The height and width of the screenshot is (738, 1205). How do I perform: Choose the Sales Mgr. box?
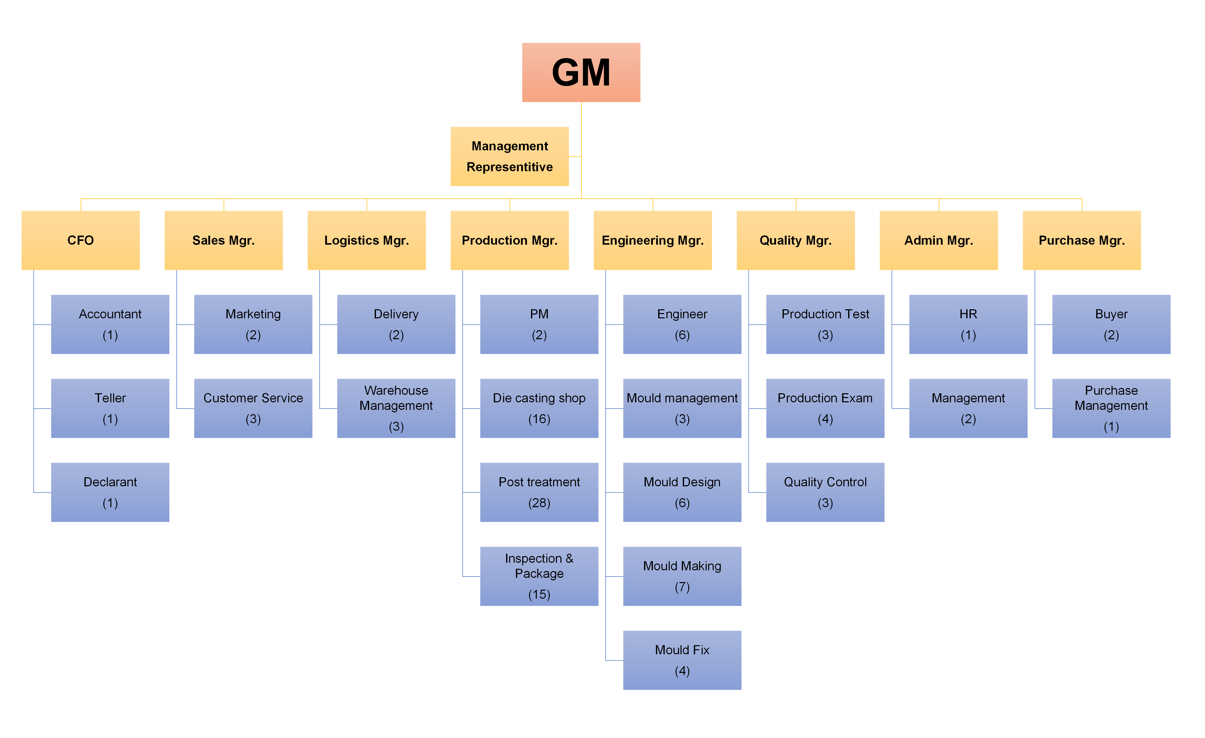(223, 240)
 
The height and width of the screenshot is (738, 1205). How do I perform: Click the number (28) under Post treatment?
(539, 503)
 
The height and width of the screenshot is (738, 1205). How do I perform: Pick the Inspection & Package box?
(539, 576)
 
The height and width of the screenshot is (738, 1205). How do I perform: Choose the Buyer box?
(1111, 324)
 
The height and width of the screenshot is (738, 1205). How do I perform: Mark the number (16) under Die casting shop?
(539, 419)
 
